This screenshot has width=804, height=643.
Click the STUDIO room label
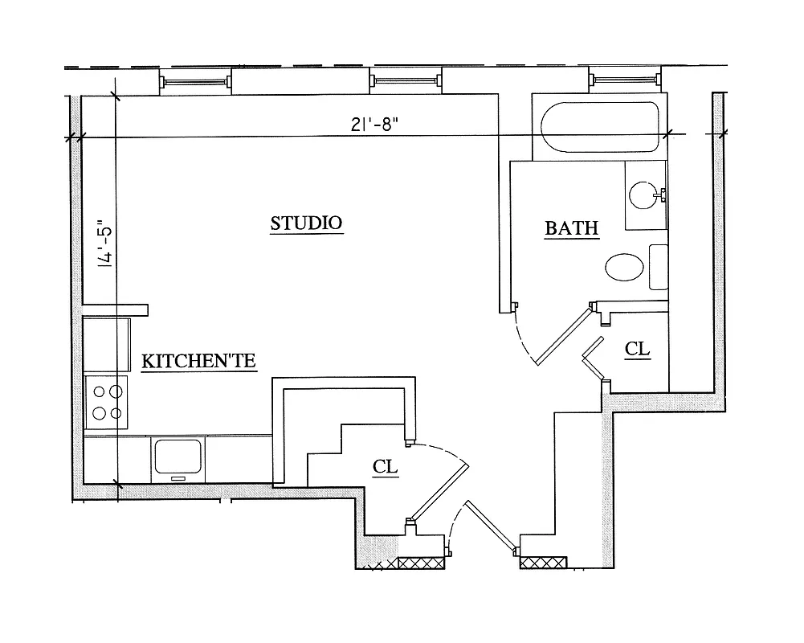(306, 223)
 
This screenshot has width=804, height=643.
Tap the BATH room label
(572, 228)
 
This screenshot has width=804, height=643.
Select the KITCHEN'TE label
(198, 362)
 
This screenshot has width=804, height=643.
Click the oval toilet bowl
(625, 267)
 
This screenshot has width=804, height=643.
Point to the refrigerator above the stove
(107, 344)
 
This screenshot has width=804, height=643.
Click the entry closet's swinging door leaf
(439, 490)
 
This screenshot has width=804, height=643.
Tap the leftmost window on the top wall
(195, 80)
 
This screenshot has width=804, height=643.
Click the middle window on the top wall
(406, 80)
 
